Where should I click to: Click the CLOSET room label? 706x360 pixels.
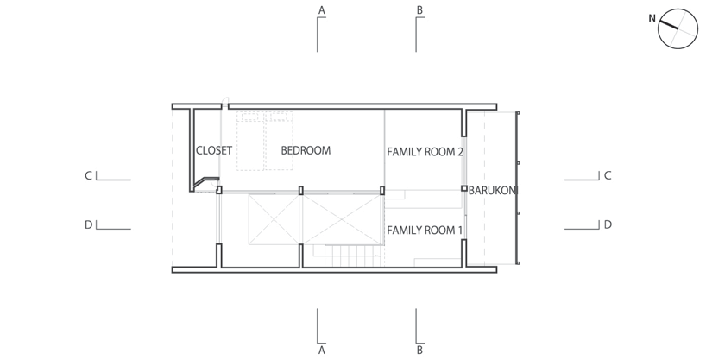[214, 150]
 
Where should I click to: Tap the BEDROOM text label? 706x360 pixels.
[306, 150]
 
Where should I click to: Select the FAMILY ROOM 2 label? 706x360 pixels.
[425, 152]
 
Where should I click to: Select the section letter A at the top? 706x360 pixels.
[321, 10]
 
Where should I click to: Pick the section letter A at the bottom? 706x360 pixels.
[321, 351]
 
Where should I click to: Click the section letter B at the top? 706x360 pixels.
[419, 10]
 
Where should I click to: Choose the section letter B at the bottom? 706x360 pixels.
[419, 351]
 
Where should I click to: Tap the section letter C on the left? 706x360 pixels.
[89, 175]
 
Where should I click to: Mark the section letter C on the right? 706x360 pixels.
[608, 175]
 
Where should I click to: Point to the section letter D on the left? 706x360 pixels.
[89, 224]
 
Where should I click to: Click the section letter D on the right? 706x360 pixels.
[608, 224]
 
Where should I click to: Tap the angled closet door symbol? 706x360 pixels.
[205, 183]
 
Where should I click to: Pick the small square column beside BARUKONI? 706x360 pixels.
[464, 188]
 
